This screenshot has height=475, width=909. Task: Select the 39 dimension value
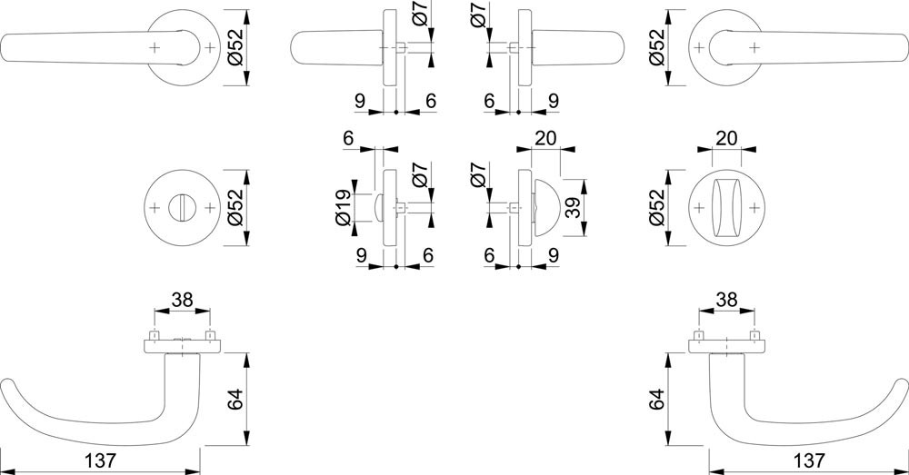pos(573,208)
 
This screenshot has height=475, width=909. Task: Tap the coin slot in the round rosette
pos(184,207)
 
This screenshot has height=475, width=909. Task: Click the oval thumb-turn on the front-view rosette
pos(726,208)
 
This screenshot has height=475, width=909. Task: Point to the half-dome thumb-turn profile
pos(546,208)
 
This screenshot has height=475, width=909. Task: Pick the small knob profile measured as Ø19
pos(379,208)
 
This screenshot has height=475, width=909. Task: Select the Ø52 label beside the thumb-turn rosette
pos(656,208)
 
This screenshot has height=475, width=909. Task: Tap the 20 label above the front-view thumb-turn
pos(726,138)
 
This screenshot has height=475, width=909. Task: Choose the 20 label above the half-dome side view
pos(545,138)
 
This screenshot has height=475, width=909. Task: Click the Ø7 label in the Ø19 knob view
pos(421,175)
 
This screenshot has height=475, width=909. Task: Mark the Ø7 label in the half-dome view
pos(479,175)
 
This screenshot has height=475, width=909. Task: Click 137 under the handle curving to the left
pos(101,461)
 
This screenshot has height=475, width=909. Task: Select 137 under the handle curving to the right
pos(808,461)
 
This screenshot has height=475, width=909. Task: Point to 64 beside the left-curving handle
pos(235,399)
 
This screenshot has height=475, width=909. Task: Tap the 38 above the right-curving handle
pos(726,300)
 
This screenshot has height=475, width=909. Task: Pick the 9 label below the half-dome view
pos(553,255)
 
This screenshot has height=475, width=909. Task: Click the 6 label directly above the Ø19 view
pos(348,138)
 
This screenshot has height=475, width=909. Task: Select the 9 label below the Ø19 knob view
pos(361,255)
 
